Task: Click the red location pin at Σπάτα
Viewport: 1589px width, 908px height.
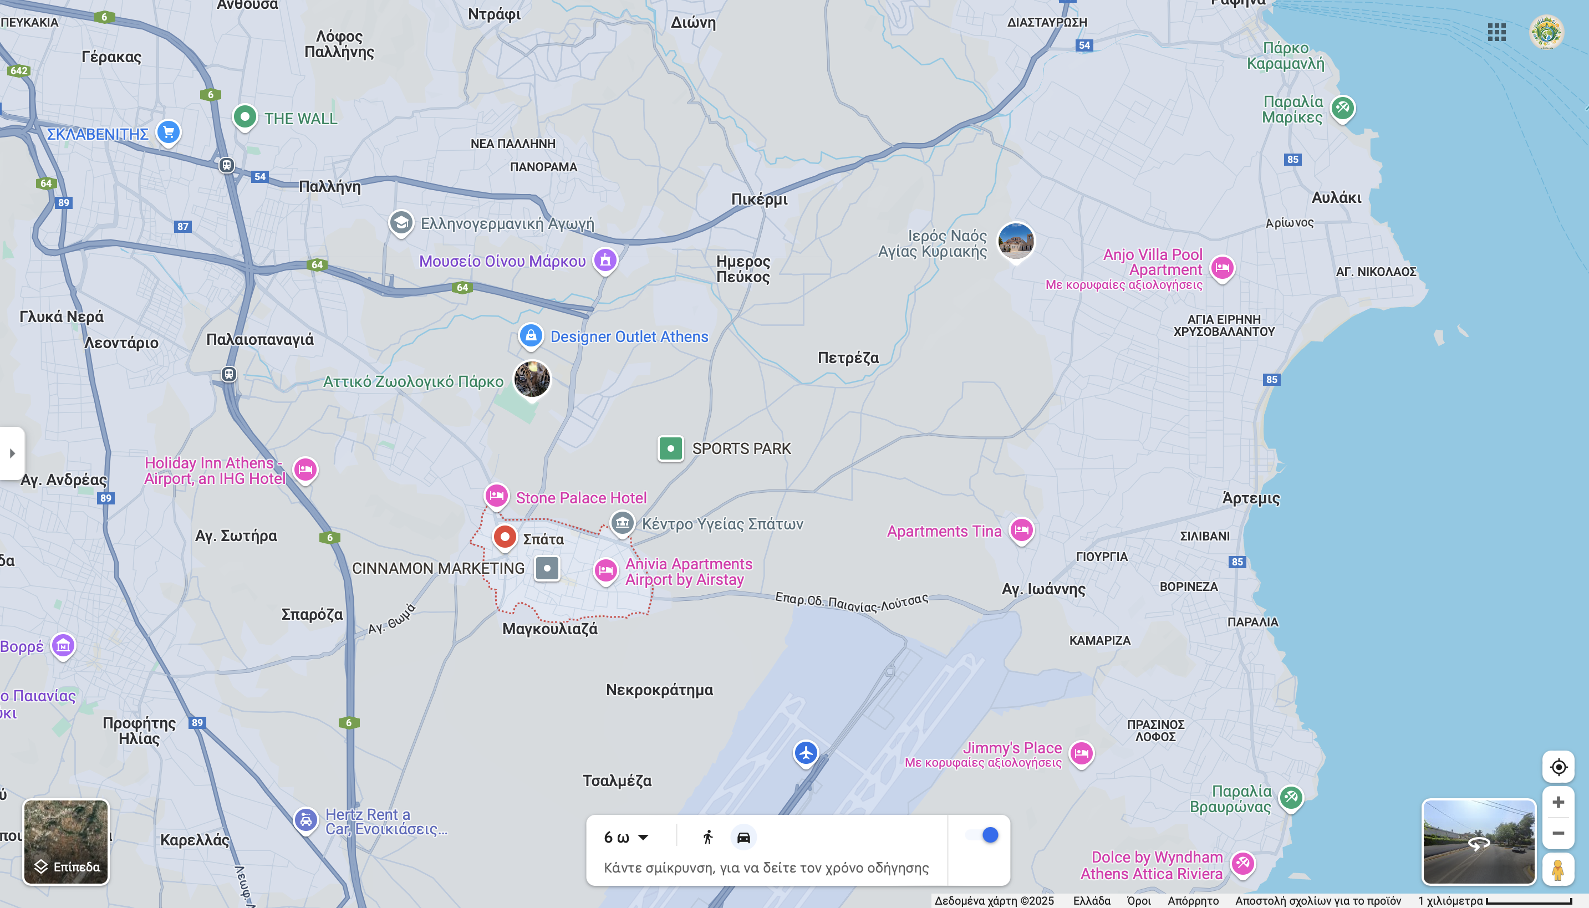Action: pyautogui.click(x=505, y=537)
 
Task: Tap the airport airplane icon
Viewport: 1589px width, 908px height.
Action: pyautogui.click(x=806, y=752)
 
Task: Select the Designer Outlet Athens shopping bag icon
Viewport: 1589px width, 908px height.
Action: pyautogui.click(x=531, y=335)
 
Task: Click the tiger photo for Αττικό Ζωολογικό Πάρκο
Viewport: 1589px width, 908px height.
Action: pyautogui.click(x=532, y=379)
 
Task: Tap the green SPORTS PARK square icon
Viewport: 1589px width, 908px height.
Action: pyautogui.click(x=670, y=448)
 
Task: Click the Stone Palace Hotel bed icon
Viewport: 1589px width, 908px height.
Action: pyautogui.click(x=496, y=496)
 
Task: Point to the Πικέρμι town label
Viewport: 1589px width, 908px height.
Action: pyautogui.click(x=759, y=200)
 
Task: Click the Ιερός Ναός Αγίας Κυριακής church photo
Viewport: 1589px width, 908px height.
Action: pyautogui.click(x=1015, y=241)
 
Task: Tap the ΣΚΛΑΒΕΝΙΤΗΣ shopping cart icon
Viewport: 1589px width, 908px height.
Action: pyautogui.click(x=169, y=131)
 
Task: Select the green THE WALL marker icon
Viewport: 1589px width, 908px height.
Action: pyautogui.click(x=245, y=116)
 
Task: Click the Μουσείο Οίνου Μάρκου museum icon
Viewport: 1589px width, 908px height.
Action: pyautogui.click(x=605, y=260)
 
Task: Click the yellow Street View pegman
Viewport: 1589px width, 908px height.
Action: pyautogui.click(x=1557, y=869)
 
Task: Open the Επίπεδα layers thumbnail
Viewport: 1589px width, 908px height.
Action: pyautogui.click(x=66, y=841)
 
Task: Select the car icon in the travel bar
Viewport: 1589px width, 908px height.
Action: pyautogui.click(x=743, y=837)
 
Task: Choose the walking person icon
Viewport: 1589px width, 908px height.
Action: pyautogui.click(x=708, y=837)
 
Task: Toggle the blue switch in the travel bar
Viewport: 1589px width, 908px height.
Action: pyautogui.click(x=982, y=835)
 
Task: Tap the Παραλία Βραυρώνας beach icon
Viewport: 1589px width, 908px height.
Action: pyautogui.click(x=1290, y=798)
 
